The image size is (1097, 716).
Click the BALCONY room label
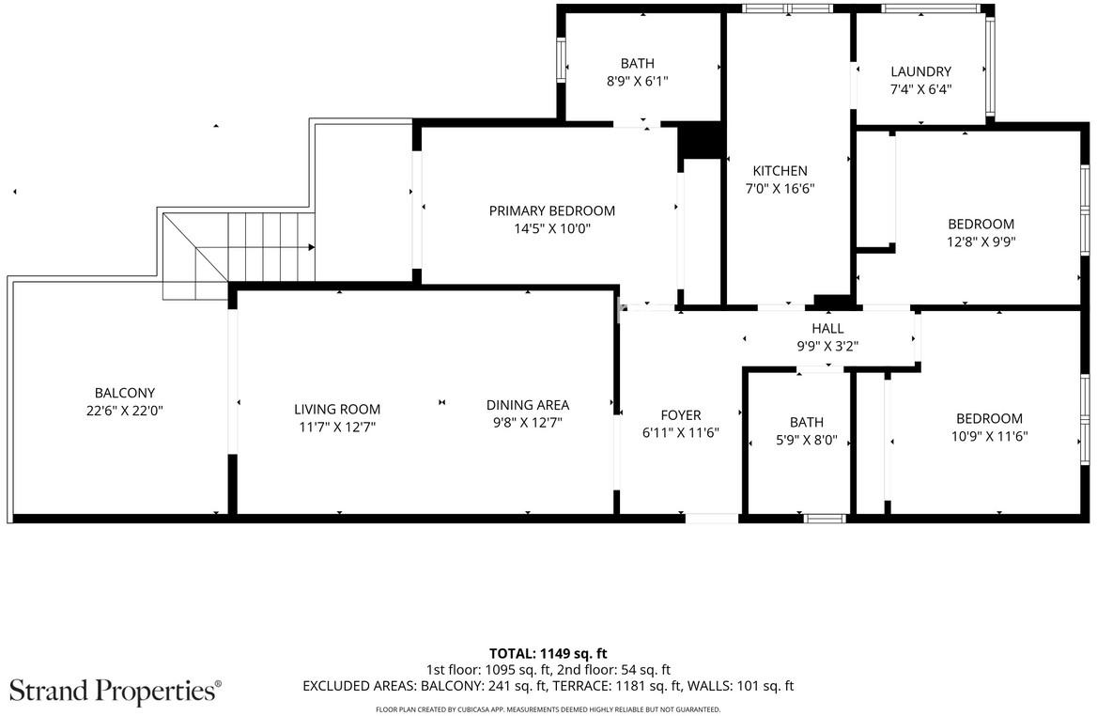[x=125, y=393]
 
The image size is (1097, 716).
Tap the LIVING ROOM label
[x=337, y=410]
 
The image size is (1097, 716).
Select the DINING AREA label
[x=528, y=405]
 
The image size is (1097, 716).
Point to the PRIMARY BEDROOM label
[x=552, y=210]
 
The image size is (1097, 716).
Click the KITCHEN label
[x=780, y=171]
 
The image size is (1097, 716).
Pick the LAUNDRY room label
[x=920, y=71]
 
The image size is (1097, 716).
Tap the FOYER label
[x=681, y=415]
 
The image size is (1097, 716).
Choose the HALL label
[x=827, y=328]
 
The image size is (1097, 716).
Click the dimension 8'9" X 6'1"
[x=638, y=81]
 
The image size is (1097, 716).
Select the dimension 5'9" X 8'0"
[x=807, y=441]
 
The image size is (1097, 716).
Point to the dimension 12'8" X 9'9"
[x=981, y=242]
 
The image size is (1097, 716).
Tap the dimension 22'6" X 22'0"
[x=125, y=411]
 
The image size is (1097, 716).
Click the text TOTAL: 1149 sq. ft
[x=548, y=654]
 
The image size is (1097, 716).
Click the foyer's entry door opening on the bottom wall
[x=712, y=519]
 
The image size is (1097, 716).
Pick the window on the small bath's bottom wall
[x=825, y=519]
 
